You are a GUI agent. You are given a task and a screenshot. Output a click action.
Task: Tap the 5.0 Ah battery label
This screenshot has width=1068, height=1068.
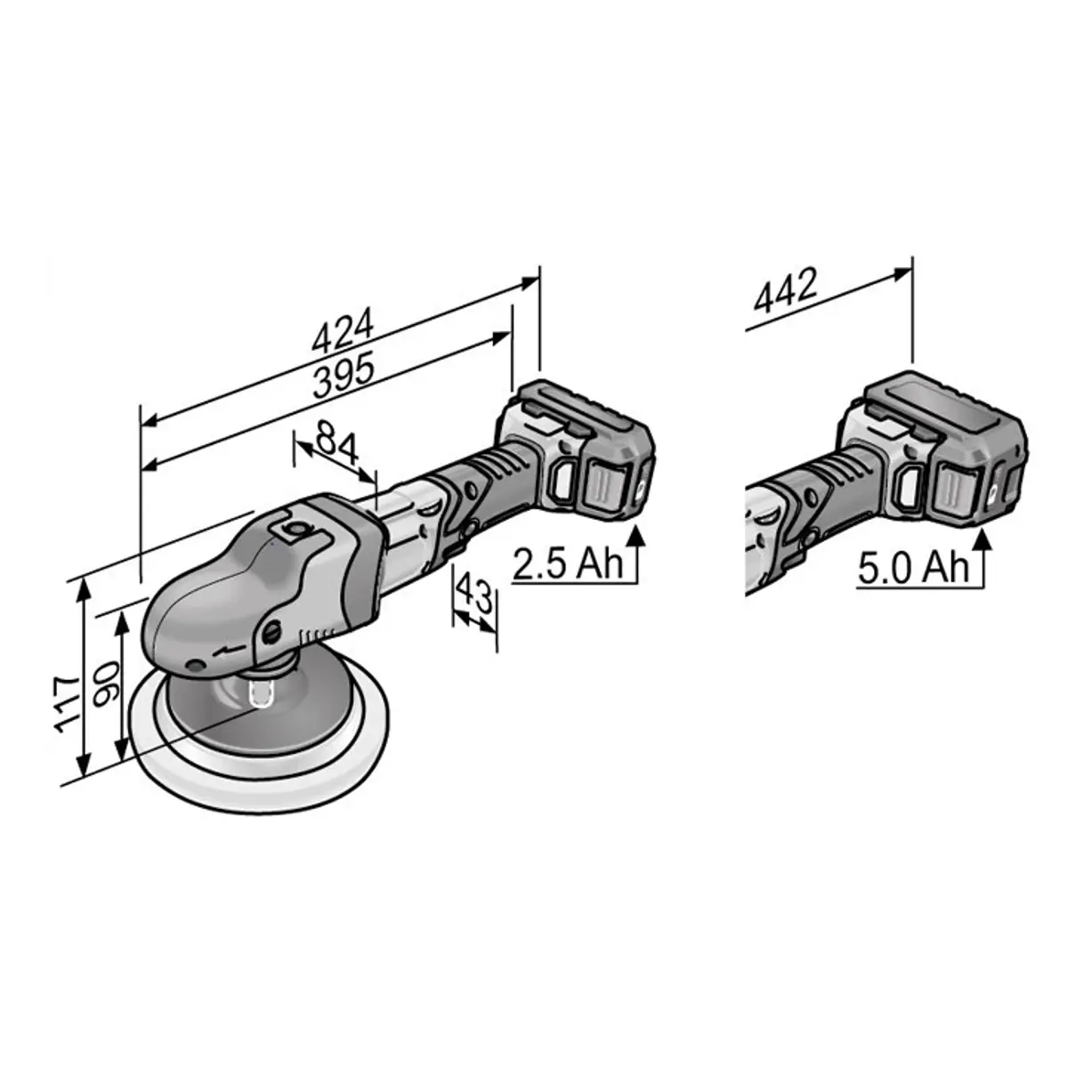pos(913,567)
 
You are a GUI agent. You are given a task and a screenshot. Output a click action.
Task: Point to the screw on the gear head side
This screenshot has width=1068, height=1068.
pos(271,635)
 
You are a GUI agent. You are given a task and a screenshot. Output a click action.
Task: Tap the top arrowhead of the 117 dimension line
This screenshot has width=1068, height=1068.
pos(83,587)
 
